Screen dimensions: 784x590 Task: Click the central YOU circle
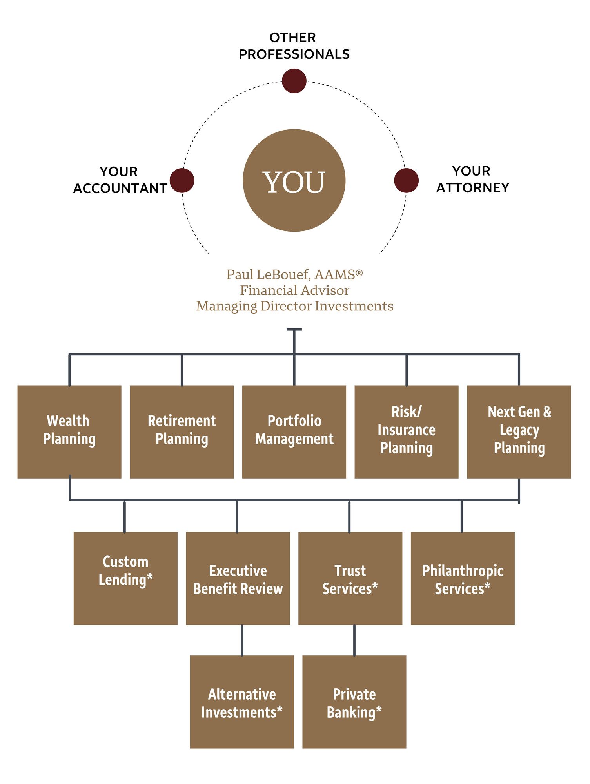point(294,180)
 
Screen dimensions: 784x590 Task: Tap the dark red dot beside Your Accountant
point(182,180)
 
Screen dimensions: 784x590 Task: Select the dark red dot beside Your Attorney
point(406,180)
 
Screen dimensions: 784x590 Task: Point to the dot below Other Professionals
point(294,81)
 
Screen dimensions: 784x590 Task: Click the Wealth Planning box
point(69,432)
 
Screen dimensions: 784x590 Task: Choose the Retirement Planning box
point(182,432)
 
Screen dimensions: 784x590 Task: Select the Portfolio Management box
point(294,432)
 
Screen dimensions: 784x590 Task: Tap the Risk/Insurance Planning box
point(407,432)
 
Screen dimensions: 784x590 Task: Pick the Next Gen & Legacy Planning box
point(519,432)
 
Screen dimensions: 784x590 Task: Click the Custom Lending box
point(125,578)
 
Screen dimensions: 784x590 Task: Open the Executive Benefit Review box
point(238,578)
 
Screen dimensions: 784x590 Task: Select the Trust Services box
point(350,578)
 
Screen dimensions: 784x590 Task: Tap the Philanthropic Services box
point(463,578)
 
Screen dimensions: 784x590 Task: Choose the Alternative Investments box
point(242,702)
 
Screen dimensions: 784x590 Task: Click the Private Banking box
point(354,702)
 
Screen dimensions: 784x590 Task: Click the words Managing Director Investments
point(295,306)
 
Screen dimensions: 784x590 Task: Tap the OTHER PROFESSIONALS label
point(294,46)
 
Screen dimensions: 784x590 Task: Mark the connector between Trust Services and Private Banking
point(354,640)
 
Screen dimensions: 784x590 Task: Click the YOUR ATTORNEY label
point(472,179)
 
